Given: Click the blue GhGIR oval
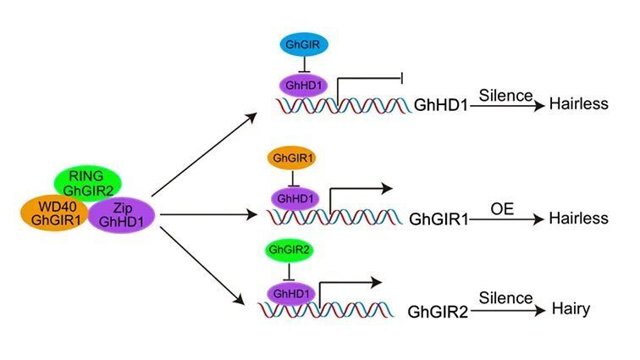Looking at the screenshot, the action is [x=304, y=45].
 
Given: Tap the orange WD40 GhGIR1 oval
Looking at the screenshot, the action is [x=55, y=213].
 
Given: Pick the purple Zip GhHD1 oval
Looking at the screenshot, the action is [x=121, y=215].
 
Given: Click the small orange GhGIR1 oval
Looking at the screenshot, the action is [x=291, y=158].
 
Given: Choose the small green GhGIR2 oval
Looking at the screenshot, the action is [x=290, y=250].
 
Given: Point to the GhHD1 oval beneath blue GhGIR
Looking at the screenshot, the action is [x=303, y=86].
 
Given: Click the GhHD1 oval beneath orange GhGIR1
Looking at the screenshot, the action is [x=295, y=199].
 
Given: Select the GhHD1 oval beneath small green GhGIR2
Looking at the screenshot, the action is [x=291, y=294].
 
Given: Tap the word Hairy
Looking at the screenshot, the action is [x=571, y=309].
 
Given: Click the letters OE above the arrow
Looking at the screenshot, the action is [x=502, y=209].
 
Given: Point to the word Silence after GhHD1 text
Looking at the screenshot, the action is [x=505, y=96].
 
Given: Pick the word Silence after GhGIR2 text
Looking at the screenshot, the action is [x=505, y=298].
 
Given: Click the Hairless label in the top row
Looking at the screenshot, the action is [x=579, y=104].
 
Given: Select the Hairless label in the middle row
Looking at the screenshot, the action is [x=579, y=219].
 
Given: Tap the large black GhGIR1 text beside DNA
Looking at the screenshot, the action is [x=439, y=219].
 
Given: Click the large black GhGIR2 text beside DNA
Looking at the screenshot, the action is [x=438, y=313].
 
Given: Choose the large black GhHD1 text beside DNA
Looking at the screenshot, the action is [x=441, y=105].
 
